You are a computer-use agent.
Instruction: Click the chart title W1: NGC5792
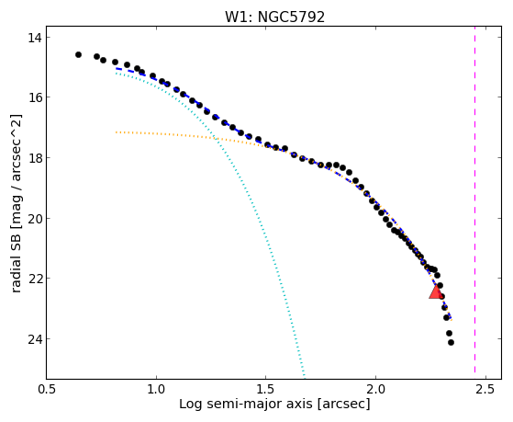click(x=274, y=17)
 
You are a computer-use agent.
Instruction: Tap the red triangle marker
click(x=436, y=291)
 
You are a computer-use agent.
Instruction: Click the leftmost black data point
click(x=78, y=54)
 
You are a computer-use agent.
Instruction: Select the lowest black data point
click(x=451, y=342)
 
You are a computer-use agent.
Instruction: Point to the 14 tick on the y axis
click(x=34, y=38)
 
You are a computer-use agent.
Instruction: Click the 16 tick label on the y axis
click(x=34, y=97)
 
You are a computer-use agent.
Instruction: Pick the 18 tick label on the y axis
click(x=34, y=158)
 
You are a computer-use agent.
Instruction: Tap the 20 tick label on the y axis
click(x=34, y=219)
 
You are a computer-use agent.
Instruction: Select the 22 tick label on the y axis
click(x=34, y=279)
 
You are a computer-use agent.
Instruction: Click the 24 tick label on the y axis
click(x=34, y=338)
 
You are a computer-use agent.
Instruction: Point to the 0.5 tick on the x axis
click(x=47, y=389)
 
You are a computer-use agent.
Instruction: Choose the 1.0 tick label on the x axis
click(x=156, y=389)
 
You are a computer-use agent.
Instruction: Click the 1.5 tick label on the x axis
click(x=266, y=389)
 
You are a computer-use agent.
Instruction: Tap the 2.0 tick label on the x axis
click(x=376, y=389)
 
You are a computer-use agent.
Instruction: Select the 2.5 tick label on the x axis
click(x=485, y=389)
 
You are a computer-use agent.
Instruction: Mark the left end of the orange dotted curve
click(x=117, y=132)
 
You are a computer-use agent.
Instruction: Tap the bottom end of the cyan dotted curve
click(x=305, y=378)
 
